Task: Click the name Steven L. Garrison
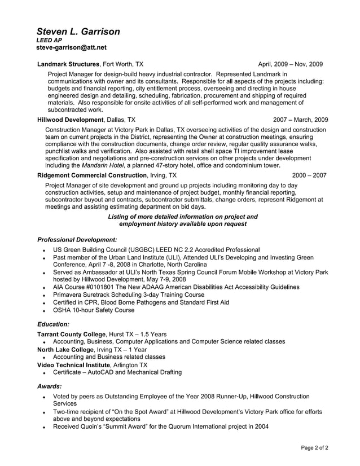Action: coord(78,32)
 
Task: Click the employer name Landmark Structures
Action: coord(68,64)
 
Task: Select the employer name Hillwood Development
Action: coord(70,120)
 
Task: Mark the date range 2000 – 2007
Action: coord(309,175)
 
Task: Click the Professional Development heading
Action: coord(77,239)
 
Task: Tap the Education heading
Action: coord(53,324)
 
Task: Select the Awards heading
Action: coord(49,386)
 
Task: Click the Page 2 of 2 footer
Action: coord(314,447)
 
